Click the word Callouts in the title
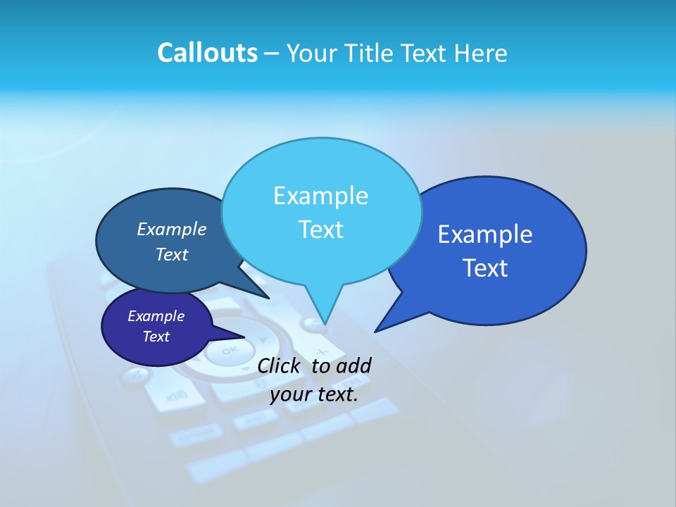[x=207, y=53]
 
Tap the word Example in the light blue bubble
[x=320, y=196]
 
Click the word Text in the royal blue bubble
[x=485, y=268]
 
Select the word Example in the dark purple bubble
[x=156, y=316]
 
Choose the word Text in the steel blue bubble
[x=172, y=255]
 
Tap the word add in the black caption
[x=353, y=365]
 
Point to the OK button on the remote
[x=230, y=351]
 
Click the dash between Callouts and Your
[x=272, y=54]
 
